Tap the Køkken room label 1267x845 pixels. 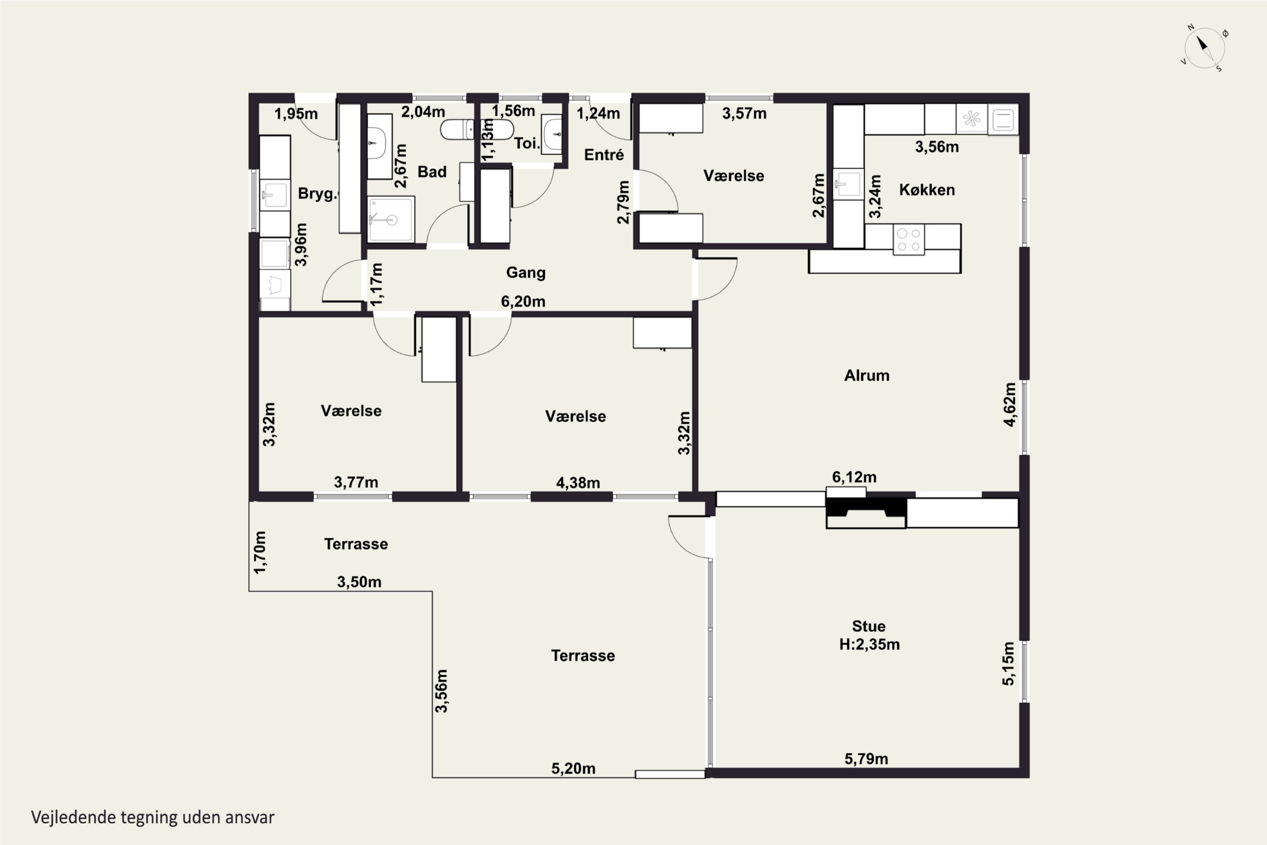[x=927, y=190]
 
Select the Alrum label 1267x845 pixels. [x=867, y=375]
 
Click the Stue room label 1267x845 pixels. [x=869, y=626]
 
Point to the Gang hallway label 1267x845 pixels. [x=526, y=273]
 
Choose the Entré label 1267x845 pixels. [x=604, y=155]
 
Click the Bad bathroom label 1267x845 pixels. [x=432, y=172]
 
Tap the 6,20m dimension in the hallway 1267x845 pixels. [x=523, y=301]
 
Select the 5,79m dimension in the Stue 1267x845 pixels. [x=866, y=759]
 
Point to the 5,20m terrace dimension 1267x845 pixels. [x=573, y=769]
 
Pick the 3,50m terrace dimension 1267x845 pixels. [x=359, y=582]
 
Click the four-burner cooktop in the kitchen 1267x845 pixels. [x=909, y=240]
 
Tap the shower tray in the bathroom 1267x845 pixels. [x=391, y=219]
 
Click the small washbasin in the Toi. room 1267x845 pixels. [x=552, y=134]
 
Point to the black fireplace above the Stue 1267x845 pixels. [x=866, y=512]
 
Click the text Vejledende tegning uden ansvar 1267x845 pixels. [x=153, y=817]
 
